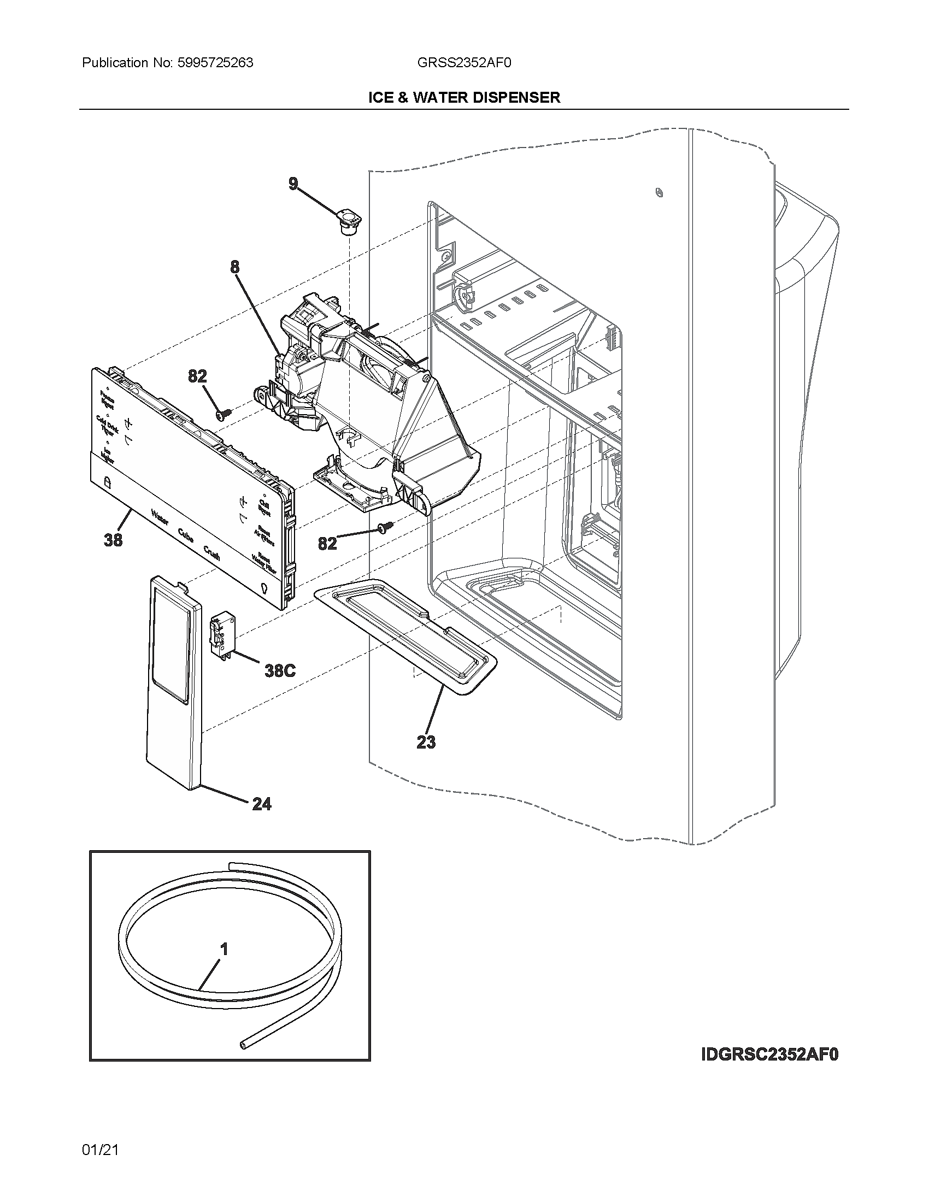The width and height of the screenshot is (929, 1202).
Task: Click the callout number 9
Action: pos(293,184)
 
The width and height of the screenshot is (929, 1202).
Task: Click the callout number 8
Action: pos(235,268)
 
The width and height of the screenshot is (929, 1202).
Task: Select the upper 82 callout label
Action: pos(198,376)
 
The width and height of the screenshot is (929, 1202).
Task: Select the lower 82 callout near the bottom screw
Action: pos(327,543)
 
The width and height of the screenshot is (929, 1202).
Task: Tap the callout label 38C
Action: pos(280,670)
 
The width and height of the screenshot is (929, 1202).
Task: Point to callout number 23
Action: pos(426,742)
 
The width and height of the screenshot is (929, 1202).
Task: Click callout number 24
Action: pos(262,804)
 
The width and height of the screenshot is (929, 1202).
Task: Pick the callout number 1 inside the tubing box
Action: pos(224,949)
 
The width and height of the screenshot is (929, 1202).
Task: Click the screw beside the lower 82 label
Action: pos(385,527)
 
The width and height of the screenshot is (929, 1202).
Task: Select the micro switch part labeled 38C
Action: pos(221,635)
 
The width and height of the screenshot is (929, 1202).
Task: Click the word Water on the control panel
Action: pos(160,517)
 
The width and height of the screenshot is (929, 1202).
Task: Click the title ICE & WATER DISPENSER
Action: pos(464,97)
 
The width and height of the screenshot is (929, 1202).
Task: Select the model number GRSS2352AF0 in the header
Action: pos(464,63)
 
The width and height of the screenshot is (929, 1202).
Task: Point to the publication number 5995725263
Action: pos(215,63)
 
